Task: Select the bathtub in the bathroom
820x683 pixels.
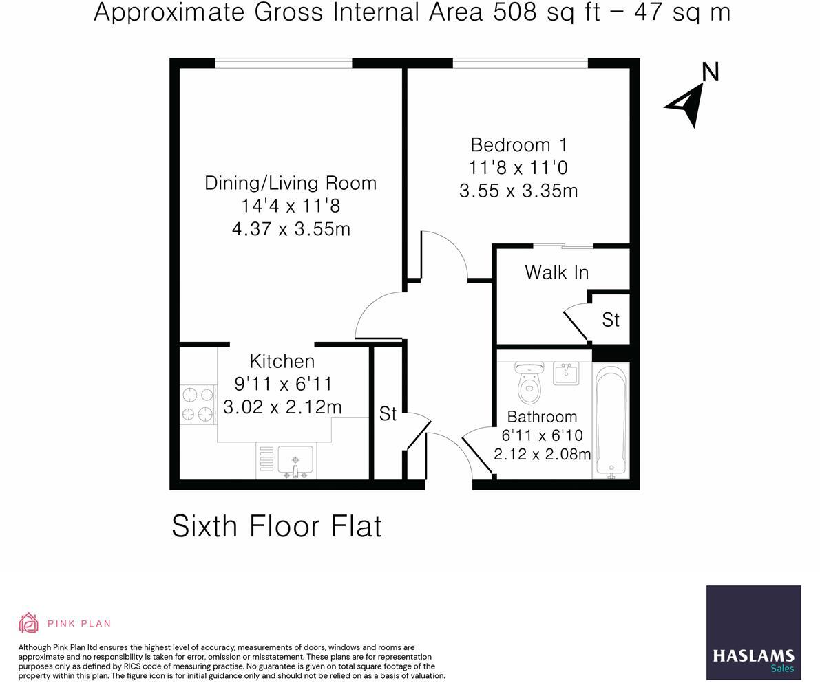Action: [611, 420]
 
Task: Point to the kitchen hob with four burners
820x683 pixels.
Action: [198, 404]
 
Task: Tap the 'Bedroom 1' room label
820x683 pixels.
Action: [519, 145]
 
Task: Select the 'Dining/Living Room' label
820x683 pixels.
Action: [291, 183]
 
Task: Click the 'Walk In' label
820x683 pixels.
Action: [556, 272]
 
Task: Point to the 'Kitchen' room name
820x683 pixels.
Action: [282, 361]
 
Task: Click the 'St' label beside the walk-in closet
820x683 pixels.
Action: [611, 320]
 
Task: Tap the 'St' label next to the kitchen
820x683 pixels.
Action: [388, 413]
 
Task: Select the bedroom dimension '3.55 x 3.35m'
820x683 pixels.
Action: [518, 191]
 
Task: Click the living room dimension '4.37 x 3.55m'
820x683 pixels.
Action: [291, 228]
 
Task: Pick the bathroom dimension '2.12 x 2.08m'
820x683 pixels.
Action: [542, 454]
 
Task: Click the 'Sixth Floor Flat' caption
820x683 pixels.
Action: [276, 526]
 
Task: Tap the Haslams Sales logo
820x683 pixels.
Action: [753, 632]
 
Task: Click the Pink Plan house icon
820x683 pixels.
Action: [28, 623]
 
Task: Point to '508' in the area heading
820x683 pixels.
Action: [513, 12]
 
